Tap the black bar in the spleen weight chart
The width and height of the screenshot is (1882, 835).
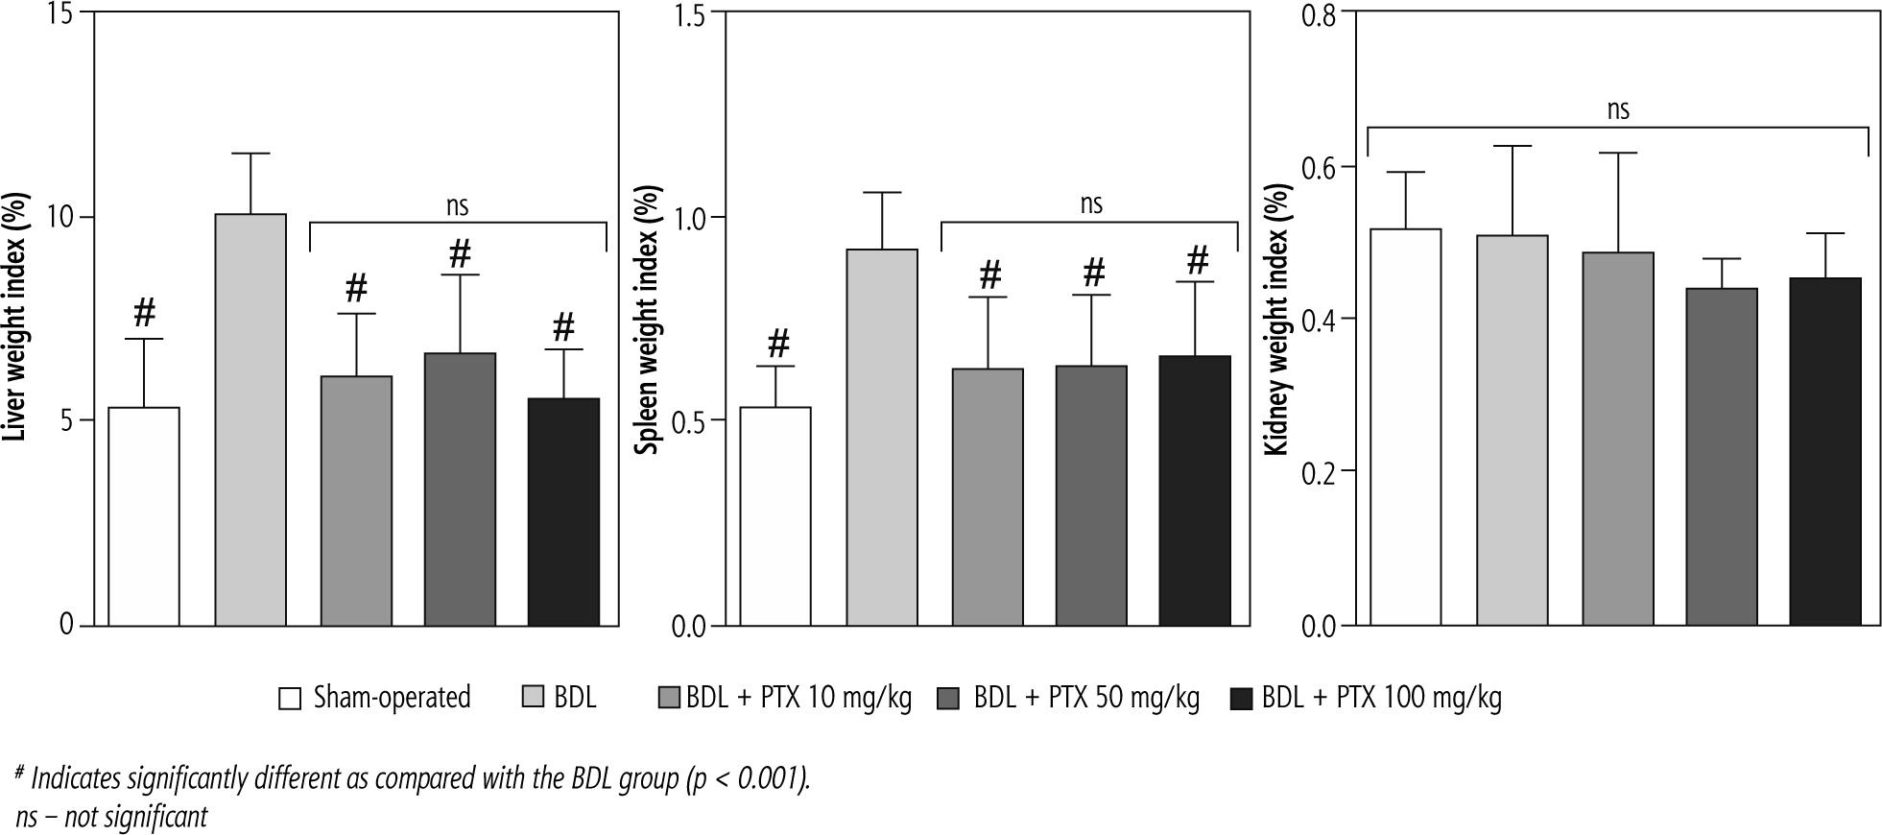1195,490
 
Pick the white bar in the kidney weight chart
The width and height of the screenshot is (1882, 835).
1405,427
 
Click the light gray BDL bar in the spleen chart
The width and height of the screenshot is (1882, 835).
882,438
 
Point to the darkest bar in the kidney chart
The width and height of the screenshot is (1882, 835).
1825,452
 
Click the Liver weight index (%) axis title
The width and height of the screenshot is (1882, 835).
16,317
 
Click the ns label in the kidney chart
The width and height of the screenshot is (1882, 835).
1618,109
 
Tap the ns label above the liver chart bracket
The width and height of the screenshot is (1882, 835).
458,204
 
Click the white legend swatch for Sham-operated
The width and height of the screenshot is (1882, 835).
290,698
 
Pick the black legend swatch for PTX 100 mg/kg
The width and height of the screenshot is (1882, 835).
1242,698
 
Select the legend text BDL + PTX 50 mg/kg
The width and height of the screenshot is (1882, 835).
1086,698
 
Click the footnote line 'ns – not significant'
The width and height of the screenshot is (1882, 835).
112,816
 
